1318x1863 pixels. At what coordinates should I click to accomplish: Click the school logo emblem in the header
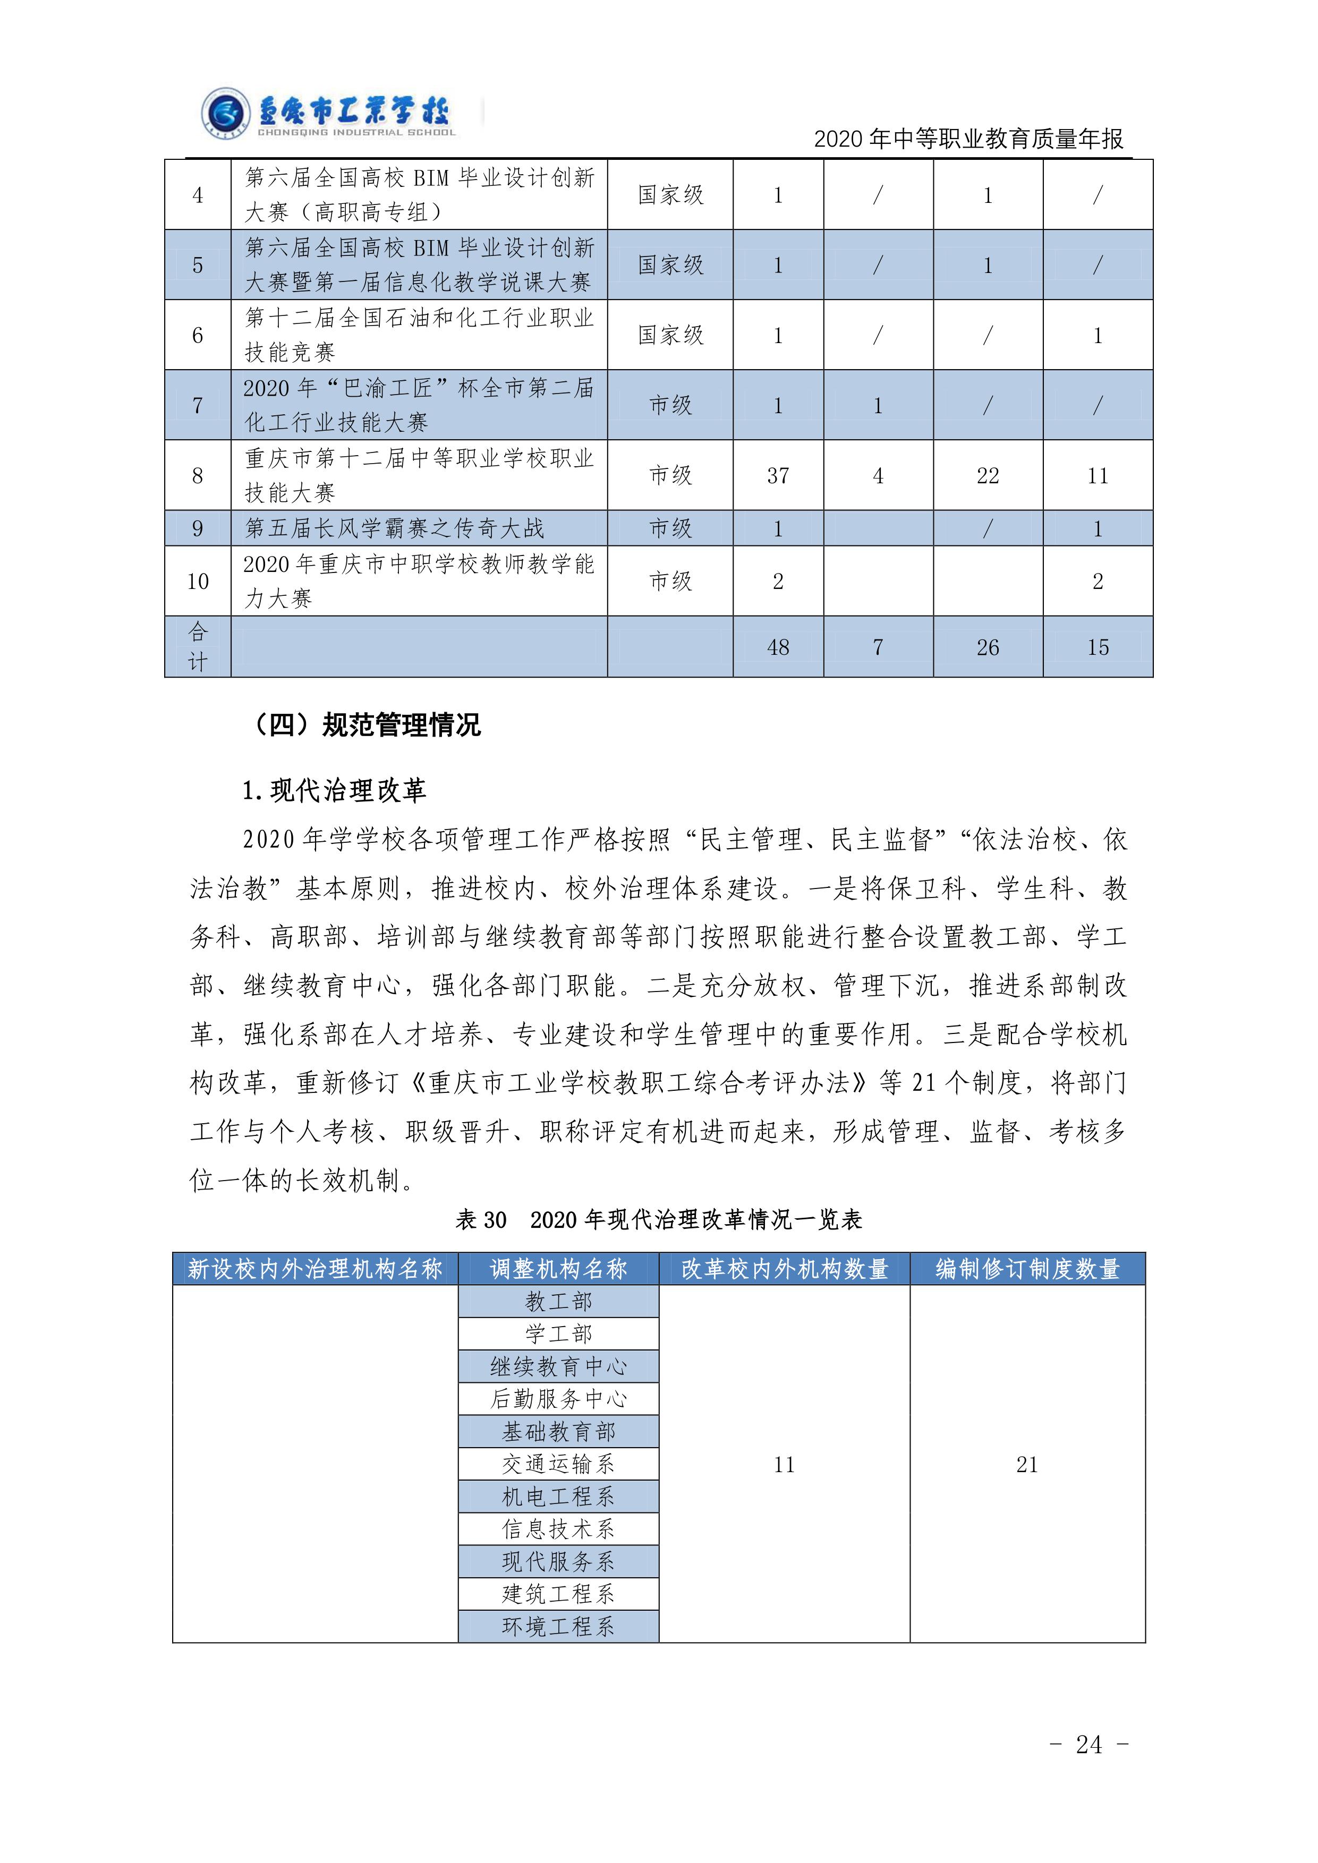(225, 114)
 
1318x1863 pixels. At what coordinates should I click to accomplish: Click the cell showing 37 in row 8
(778, 475)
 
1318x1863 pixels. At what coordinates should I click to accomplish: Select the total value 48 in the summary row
(778, 647)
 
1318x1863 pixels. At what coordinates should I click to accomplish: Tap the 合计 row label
(197, 647)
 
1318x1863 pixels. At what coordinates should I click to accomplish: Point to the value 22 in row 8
(987, 475)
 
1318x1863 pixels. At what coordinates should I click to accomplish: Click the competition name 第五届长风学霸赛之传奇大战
(394, 528)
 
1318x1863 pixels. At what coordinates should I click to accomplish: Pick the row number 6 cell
(197, 335)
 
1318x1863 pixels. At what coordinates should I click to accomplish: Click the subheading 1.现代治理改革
(334, 790)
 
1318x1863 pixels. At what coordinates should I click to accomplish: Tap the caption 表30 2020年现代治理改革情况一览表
(658, 1219)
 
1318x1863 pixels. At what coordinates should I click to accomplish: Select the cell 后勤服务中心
(558, 1399)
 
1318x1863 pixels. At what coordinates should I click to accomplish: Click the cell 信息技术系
(558, 1529)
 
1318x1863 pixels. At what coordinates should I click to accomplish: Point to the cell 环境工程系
(558, 1626)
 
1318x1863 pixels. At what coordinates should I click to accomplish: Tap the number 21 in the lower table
(1027, 1464)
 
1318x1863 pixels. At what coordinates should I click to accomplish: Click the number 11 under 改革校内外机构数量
(784, 1464)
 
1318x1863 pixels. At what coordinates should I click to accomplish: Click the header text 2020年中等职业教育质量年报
(968, 140)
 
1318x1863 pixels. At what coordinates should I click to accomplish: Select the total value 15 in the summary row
(1097, 647)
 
